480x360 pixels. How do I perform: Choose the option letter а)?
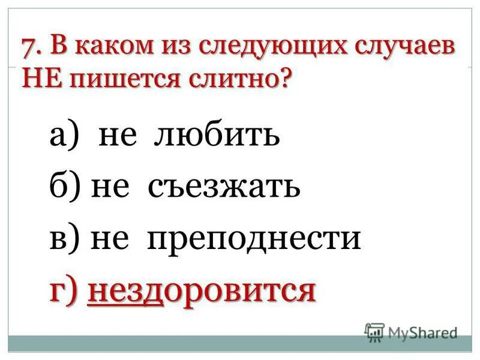point(63,137)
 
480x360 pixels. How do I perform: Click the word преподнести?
point(254,239)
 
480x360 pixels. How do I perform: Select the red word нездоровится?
point(202,290)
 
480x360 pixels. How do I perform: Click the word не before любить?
point(122,137)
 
